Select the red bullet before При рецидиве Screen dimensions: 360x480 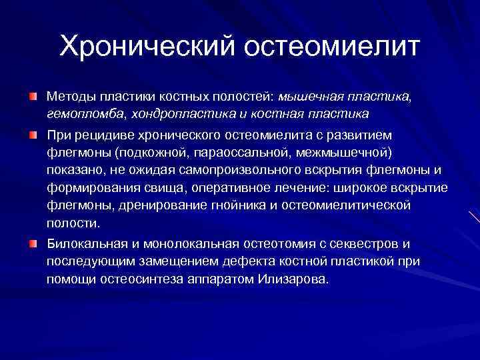pos(32,135)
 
